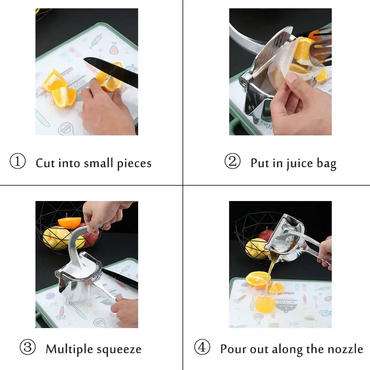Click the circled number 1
(x=18, y=161)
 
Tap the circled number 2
(x=232, y=161)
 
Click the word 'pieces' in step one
(x=134, y=163)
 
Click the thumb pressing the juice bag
(x=291, y=79)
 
